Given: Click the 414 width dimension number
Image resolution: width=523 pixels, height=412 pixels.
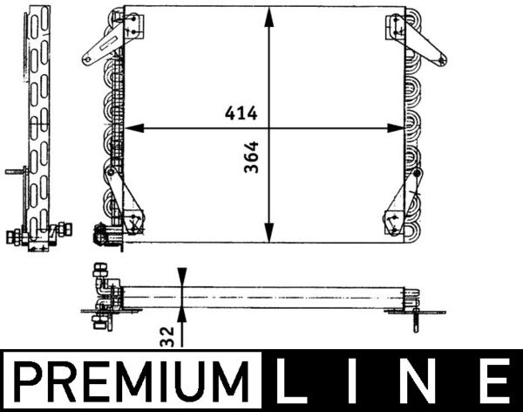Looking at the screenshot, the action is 241,113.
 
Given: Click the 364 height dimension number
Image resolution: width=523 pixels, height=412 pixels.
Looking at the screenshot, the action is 252,157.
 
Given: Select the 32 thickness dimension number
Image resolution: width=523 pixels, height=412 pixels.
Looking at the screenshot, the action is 167,337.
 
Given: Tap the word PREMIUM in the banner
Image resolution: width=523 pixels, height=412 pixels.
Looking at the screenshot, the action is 132,381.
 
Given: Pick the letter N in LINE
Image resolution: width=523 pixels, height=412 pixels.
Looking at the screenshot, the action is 421,381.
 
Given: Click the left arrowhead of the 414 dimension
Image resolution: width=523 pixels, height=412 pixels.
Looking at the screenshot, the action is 134,128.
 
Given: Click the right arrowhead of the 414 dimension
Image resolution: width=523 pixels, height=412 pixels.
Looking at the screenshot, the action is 395,128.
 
